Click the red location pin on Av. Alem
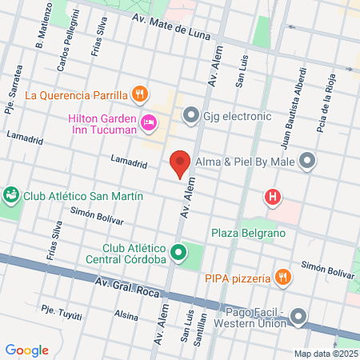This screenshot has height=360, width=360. point(181,163)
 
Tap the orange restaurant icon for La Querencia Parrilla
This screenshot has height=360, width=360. point(140,94)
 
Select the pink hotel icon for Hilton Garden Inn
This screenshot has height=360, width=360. point(148,122)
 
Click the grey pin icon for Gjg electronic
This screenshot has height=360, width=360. point(190,115)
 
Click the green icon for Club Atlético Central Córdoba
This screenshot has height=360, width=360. point(180,255)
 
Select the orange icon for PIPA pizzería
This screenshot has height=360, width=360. point(282,278)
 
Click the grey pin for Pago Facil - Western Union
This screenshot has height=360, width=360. point(299,318)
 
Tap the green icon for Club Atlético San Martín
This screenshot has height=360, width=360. point(11,194)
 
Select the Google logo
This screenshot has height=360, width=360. point(27,350)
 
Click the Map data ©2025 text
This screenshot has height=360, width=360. point(325,353)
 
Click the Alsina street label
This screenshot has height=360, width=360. point(126,315)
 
